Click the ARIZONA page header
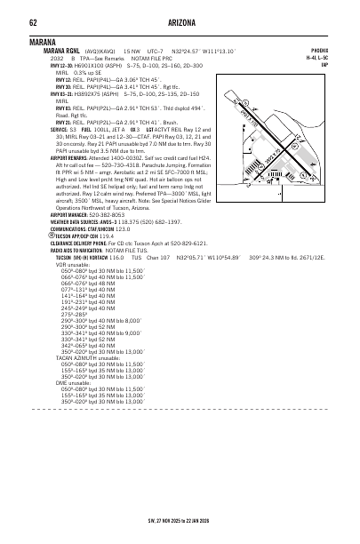pyautogui.click(x=180, y=23)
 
